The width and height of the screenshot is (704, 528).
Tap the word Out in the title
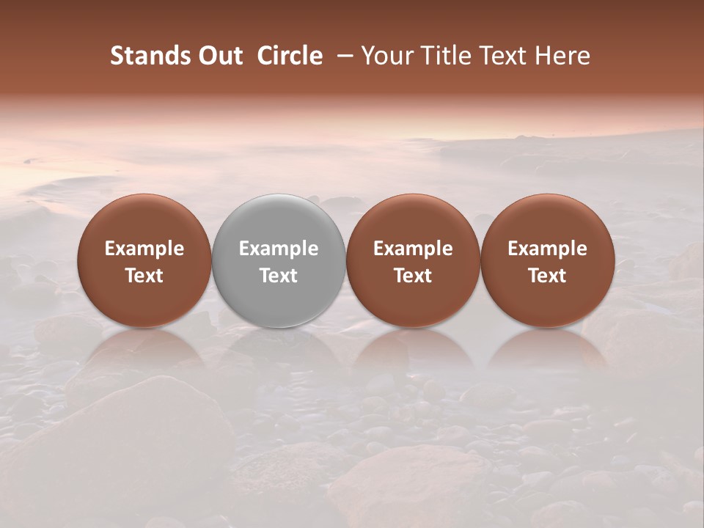pos(219,56)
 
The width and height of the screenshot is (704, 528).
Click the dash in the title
pos(342,56)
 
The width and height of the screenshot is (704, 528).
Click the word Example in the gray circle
pos(279,249)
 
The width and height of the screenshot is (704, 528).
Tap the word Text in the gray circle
pos(279,276)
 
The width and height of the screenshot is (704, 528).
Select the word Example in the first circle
pos(144,249)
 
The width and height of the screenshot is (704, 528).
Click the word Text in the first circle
pos(144,276)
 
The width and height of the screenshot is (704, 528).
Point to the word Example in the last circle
pos(548,249)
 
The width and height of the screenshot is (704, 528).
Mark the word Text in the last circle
pos(548,276)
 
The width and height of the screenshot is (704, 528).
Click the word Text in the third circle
pos(413,276)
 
